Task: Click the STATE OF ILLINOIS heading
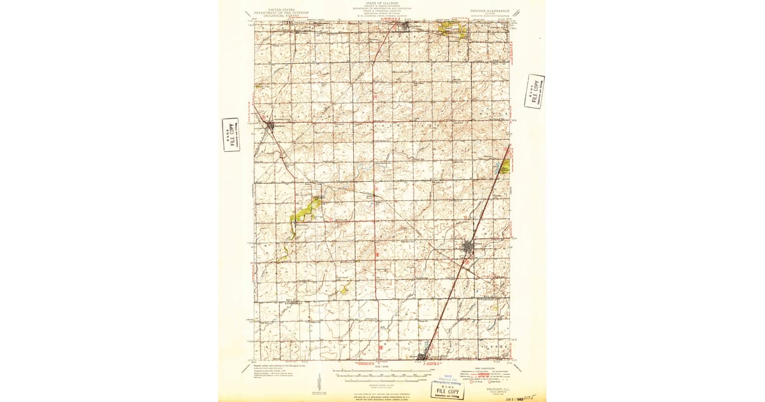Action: pyautogui.click(x=382, y=3)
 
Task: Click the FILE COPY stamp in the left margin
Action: pyautogui.click(x=231, y=134)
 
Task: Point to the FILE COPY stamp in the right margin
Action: pyautogui.click(x=534, y=91)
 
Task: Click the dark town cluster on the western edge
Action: pyautogui.click(x=270, y=125)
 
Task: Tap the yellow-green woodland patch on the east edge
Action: pyautogui.click(x=505, y=167)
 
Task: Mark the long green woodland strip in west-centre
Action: pyautogui.click(x=305, y=210)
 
